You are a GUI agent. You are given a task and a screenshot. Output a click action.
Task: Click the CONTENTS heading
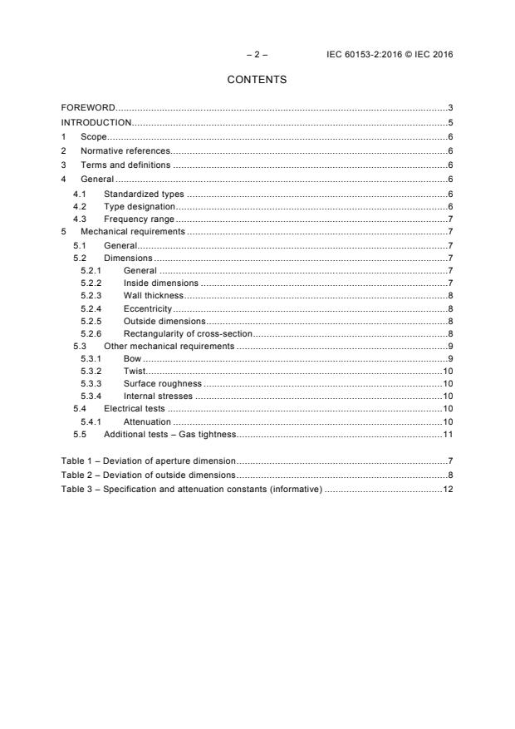click(257, 80)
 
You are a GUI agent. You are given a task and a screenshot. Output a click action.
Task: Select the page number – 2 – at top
click(257, 54)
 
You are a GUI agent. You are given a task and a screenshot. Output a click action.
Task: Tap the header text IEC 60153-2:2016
click(362, 54)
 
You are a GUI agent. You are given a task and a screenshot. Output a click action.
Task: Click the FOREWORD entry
click(88, 108)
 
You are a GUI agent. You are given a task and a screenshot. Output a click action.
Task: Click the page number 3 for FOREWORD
click(449, 108)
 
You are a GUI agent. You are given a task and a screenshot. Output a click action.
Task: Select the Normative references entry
click(125, 150)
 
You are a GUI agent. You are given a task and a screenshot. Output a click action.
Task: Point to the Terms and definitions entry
click(125, 165)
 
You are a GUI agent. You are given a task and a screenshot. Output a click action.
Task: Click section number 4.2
click(80, 205)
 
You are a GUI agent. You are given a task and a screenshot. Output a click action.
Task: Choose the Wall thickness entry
click(153, 295)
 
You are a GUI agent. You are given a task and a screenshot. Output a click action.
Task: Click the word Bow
click(132, 358)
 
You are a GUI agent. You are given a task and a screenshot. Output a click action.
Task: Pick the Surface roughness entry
click(162, 383)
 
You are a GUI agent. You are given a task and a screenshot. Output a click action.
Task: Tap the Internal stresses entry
click(159, 397)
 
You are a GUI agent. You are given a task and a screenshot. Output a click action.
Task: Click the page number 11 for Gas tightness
click(447, 434)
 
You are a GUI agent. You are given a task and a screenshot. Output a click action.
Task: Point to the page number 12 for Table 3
click(447, 488)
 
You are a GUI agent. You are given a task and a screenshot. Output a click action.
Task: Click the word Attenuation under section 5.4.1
click(147, 421)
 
